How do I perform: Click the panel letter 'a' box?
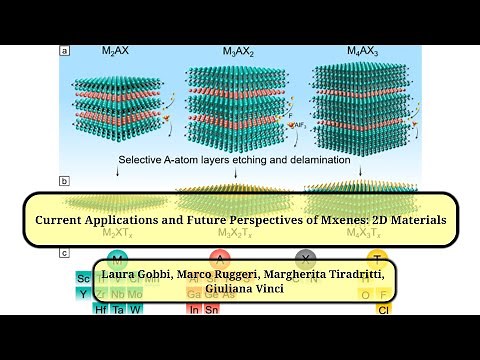pyautogui.click(x=65, y=50)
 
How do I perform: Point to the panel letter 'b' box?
pyautogui.click(x=65, y=181)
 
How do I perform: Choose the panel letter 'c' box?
pyautogui.click(x=65, y=255)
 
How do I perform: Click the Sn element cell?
pyautogui.click(x=213, y=310)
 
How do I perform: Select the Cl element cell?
pyautogui.click(x=383, y=310)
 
